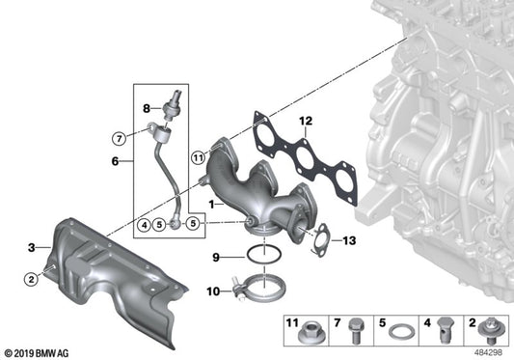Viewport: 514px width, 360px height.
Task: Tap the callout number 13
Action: (349, 240)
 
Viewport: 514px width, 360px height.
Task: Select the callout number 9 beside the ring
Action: (217, 257)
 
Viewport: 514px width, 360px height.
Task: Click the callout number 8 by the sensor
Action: (148, 108)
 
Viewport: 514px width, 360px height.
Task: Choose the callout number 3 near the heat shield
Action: (32, 248)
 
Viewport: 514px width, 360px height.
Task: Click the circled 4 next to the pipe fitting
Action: (142, 226)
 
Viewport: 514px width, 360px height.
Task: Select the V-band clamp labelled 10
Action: (254, 287)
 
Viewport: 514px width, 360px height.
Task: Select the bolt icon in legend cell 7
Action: (355, 331)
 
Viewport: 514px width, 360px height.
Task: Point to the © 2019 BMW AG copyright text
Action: (39, 351)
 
